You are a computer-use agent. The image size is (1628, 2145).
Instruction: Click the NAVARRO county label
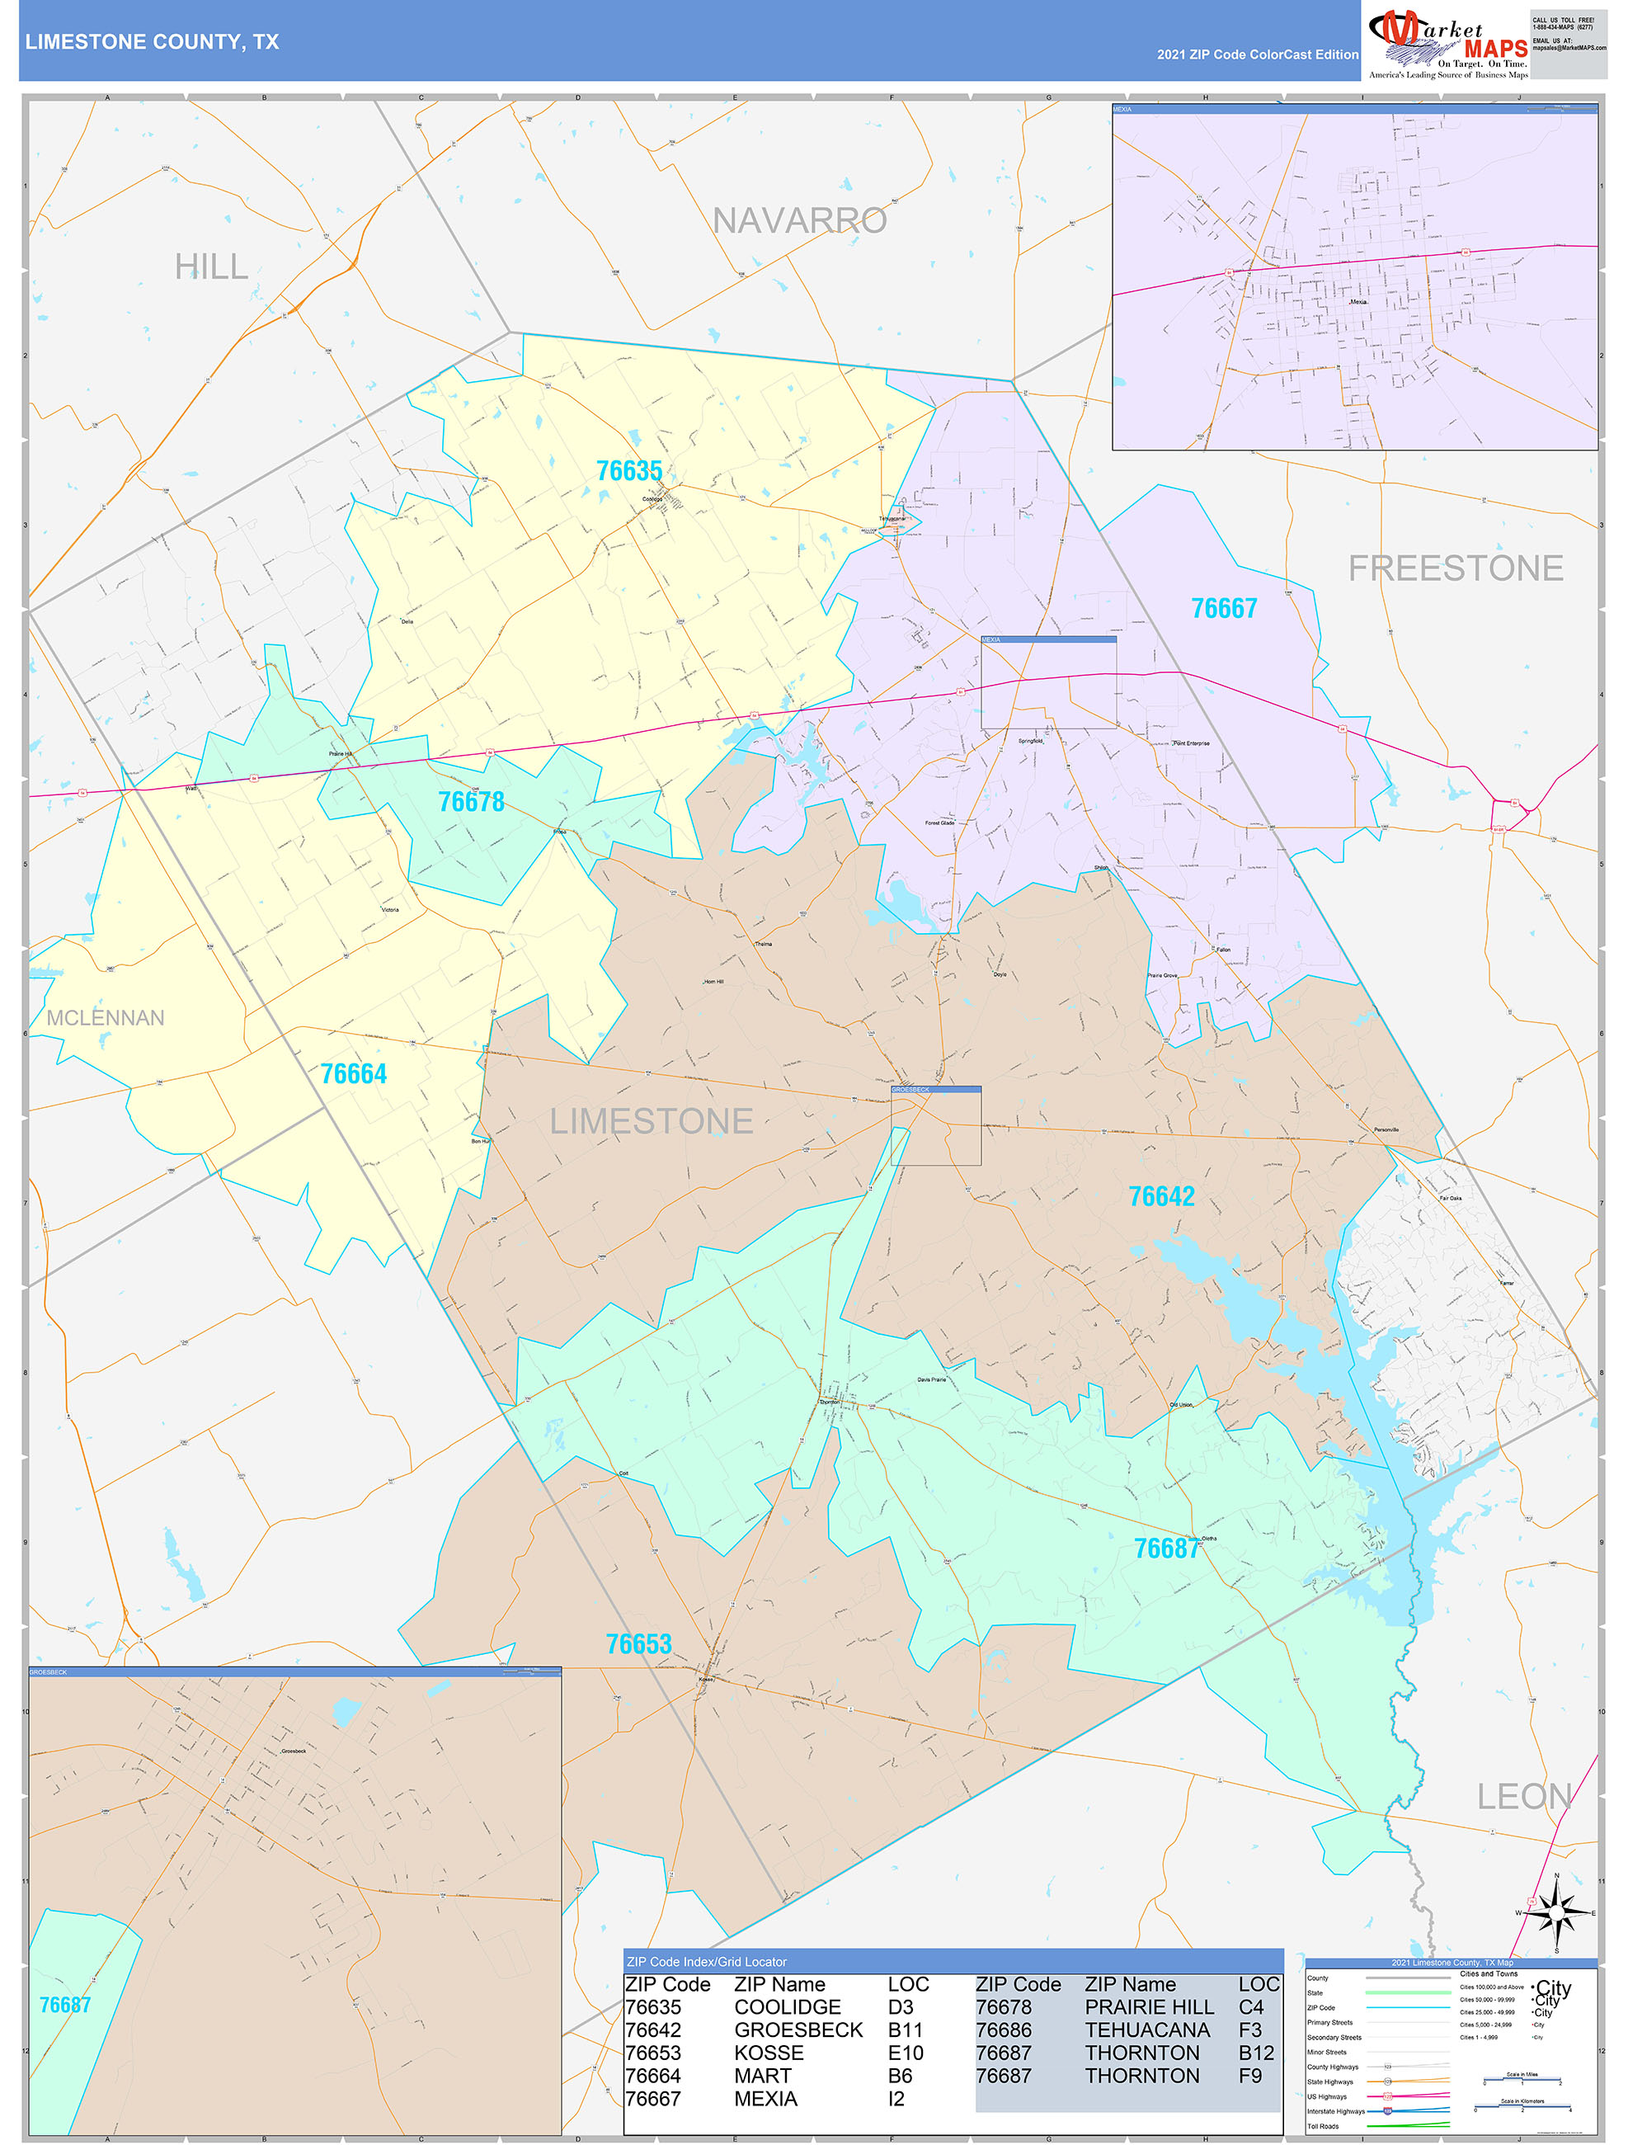click(800, 221)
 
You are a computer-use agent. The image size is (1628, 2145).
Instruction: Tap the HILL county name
click(211, 266)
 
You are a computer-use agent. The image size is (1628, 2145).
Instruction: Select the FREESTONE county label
click(1456, 568)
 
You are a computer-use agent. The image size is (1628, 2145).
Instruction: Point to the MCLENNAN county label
click(106, 1018)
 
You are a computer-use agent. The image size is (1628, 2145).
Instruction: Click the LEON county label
click(1523, 1797)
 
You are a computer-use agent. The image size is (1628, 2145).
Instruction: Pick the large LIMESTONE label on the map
click(652, 1122)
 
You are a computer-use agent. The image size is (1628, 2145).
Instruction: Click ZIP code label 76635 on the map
click(629, 471)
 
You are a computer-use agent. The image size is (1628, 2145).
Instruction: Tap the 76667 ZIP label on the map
click(1224, 609)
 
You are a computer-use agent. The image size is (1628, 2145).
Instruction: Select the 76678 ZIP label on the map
click(471, 802)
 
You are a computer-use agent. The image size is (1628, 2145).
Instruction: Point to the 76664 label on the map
click(354, 1074)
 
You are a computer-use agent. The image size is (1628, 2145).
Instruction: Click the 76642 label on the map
click(1161, 1196)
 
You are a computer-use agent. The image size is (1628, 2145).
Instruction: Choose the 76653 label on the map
click(639, 1644)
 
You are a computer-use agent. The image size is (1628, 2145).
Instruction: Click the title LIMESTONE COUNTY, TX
click(153, 42)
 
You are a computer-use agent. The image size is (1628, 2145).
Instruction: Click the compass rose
click(1556, 1913)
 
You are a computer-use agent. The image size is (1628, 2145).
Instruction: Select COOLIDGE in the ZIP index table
click(788, 2007)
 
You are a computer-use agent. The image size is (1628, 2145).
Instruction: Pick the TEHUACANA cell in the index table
click(1147, 2030)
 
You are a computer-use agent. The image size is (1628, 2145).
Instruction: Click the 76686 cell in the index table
click(1004, 2030)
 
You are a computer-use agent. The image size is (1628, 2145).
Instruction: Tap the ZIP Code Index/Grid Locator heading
click(707, 1962)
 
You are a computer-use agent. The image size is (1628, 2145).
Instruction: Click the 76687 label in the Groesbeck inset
click(65, 2006)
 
